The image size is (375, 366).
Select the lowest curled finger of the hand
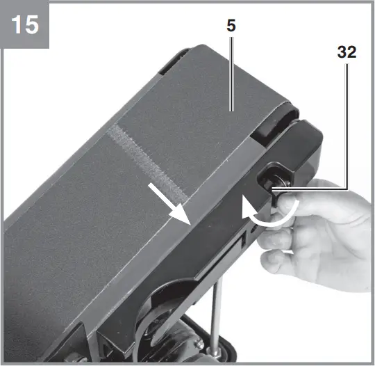click(278, 262)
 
